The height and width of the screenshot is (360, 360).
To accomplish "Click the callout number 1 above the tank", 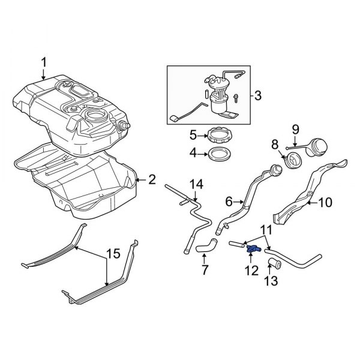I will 43,62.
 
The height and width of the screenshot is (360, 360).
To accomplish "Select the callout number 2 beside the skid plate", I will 152,178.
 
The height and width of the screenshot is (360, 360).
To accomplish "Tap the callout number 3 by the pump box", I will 257,95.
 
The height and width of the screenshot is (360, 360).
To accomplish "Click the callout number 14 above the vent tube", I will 197,183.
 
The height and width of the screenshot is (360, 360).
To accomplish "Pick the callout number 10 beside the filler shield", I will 323,203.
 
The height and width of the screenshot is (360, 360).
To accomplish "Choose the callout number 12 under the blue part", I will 251,271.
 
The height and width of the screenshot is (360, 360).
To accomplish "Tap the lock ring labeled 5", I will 218,134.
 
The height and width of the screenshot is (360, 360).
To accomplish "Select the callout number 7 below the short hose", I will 205,270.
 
